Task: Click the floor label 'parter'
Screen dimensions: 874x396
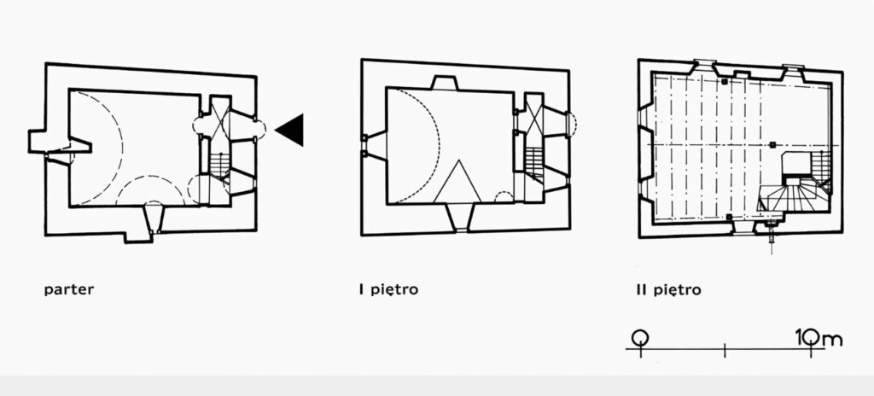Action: point(69,290)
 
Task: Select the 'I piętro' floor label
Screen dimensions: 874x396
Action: point(388,290)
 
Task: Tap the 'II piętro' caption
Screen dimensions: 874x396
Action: point(667,290)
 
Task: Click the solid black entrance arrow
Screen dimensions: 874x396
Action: point(290,130)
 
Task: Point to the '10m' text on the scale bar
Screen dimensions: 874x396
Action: point(819,338)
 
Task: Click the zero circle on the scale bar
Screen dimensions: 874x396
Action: point(640,337)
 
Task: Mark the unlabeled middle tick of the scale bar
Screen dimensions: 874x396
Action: point(725,350)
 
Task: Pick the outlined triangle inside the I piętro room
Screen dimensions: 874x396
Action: point(457,181)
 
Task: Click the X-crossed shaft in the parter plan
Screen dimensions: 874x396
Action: point(219,117)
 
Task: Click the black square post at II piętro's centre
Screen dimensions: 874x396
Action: point(772,145)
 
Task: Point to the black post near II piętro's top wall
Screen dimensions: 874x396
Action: point(724,82)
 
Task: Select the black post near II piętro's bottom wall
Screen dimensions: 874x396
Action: point(729,217)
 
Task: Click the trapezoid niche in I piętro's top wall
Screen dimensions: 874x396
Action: point(444,83)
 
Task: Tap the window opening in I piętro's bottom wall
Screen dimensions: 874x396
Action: point(460,217)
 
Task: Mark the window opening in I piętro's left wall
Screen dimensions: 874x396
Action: point(374,146)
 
